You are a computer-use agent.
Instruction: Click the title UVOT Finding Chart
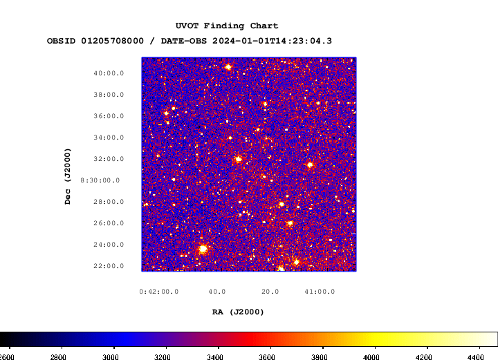click(x=227, y=26)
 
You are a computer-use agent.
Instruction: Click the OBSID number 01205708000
click(x=113, y=41)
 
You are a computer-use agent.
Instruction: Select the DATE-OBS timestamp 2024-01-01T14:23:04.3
click(x=272, y=41)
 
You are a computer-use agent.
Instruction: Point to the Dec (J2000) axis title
click(x=68, y=176)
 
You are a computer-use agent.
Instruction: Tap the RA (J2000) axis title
click(x=238, y=312)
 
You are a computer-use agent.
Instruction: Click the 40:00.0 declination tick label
click(x=109, y=73)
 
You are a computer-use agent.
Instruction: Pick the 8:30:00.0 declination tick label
click(x=100, y=180)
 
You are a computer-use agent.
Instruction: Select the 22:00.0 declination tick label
click(x=109, y=266)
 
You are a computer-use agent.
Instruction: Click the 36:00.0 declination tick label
click(x=109, y=116)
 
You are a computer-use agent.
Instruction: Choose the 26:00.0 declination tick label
click(x=109, y=223)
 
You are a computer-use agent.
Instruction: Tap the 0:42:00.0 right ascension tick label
click(x=159, y=292)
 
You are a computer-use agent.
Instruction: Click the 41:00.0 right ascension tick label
click(x=320, y=292)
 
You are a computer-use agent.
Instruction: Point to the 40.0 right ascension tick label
click(x=217, y=292)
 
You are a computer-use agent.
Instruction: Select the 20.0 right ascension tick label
click(x=270, y=292)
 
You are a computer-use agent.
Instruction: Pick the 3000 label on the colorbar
click(x=110, y=357)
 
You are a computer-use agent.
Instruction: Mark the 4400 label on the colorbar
click(x=475, y=357)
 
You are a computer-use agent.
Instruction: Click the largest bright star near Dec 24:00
click(x=203, y=249)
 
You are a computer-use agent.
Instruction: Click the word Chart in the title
click(x=264, y=26)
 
